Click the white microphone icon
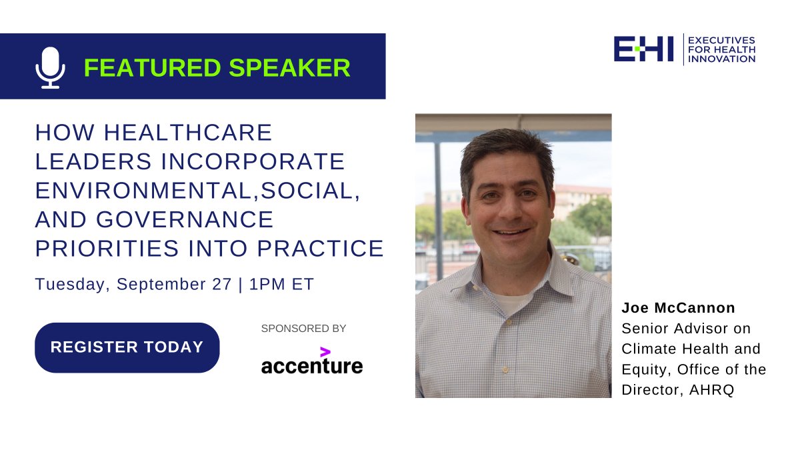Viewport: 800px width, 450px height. [51, 67]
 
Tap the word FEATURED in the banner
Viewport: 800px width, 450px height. [153, 67]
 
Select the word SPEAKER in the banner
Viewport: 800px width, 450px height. [289, 67]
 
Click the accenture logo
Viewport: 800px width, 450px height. [312, 361]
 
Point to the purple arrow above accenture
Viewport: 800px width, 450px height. [325, 352]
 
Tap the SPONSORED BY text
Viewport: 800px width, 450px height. [303, 328]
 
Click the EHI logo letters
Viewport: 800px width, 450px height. [643, 49]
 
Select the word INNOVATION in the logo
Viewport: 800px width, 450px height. [721, 59]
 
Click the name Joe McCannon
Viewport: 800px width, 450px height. [678, 308]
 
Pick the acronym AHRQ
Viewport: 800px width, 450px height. [711, 389]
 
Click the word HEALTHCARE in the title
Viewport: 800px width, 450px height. [188, 133]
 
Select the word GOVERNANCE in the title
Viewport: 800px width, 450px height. [185, 219]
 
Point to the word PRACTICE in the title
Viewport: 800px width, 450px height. [321, 248]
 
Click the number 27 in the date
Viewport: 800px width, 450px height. [222, 284]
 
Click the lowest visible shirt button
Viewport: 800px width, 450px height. [505, 369]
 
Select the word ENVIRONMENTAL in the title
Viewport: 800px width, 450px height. [144, 191]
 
